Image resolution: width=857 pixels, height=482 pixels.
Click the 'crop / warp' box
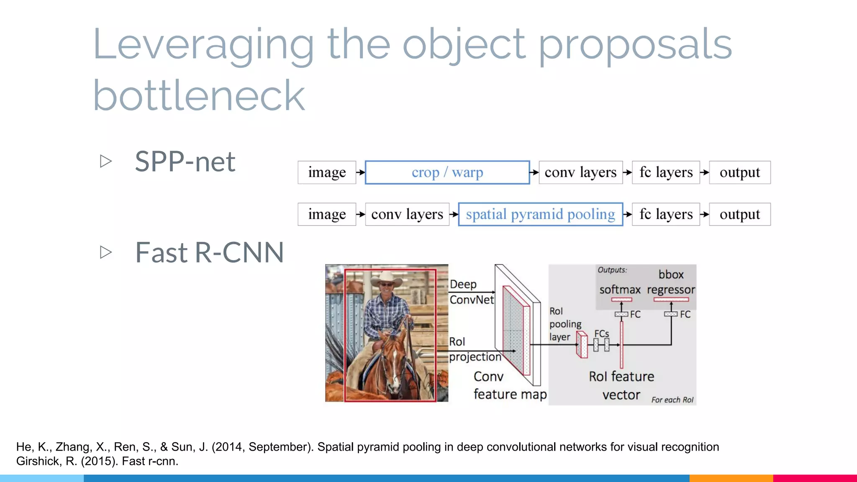point(447,172)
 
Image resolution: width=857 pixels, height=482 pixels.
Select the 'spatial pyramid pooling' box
point(540,214)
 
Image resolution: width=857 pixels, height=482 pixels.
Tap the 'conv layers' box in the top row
point(580,172)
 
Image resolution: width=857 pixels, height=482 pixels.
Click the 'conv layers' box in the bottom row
point(407,214)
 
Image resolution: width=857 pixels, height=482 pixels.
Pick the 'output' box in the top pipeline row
point(739,172)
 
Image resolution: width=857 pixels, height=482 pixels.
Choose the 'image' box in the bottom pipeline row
point(327,214)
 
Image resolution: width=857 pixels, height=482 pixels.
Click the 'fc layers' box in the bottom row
point(666,214)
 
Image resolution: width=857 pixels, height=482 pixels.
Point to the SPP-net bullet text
point(185,162)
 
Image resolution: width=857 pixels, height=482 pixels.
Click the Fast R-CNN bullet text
point(209,253)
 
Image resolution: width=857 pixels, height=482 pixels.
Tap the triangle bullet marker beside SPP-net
point(106,161)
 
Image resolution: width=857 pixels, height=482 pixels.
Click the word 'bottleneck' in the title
point(199,96)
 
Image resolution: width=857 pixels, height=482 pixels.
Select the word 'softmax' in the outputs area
point(620,290)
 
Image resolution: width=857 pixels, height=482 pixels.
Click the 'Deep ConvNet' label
point(471,292)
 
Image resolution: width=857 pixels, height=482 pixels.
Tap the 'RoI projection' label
point(475,349)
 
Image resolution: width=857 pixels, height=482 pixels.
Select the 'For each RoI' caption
point(672,400)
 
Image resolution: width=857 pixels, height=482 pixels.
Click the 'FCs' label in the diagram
point(601,333)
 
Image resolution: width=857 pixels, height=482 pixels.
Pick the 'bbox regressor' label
point(671,282)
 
